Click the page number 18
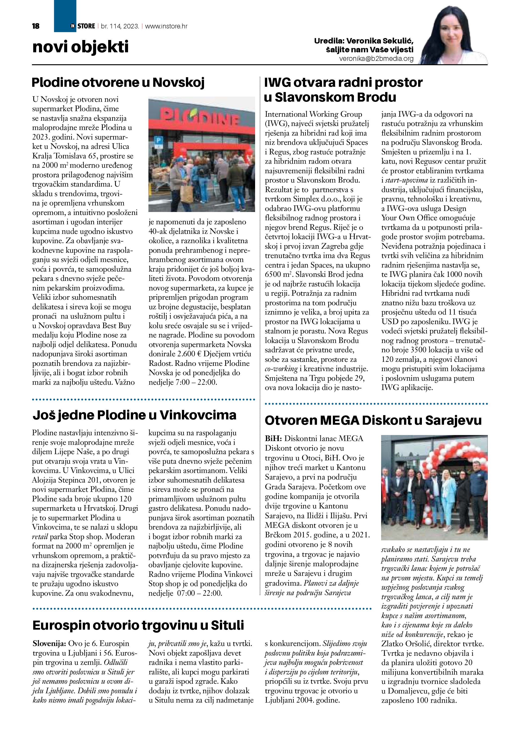(36, 26)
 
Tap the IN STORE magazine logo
(83, 26)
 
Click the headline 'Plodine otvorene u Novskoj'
(118, 82)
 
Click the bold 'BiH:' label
(273, 439)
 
